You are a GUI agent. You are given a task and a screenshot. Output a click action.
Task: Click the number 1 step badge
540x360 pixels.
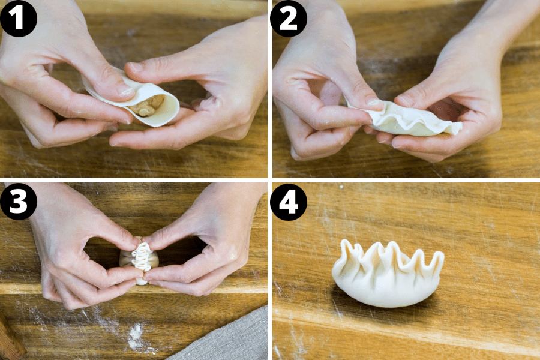19,18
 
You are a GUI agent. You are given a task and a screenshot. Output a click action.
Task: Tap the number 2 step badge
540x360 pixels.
289,18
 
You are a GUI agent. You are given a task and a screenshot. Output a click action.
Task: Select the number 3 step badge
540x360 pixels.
19,202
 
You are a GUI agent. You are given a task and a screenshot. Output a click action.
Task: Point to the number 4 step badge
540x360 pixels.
289,202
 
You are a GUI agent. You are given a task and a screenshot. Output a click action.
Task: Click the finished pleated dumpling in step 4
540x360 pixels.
387,276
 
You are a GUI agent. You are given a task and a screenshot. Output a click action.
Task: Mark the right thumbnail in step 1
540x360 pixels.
137,67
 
